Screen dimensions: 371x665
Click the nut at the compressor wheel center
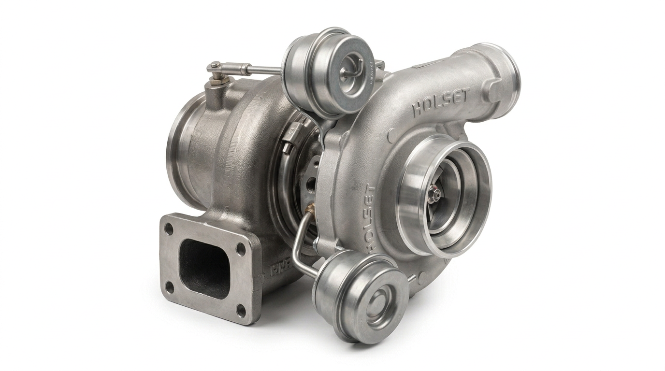436,194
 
